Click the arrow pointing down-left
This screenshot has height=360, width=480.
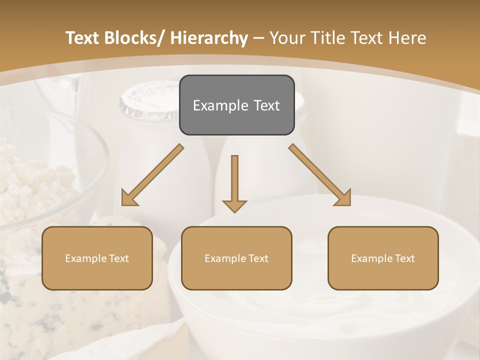click(x=152, y=175)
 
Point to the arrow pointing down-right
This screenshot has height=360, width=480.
click(x=320, y=175)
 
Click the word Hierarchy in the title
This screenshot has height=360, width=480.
click(x=209, y=38)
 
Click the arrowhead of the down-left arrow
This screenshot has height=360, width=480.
click(x=128, y=199)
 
